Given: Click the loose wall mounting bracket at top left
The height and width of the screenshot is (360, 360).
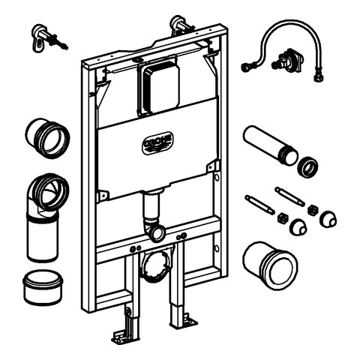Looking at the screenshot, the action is [x=49, y=38].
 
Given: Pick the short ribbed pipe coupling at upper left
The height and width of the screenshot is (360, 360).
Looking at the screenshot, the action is [x=47, y=138].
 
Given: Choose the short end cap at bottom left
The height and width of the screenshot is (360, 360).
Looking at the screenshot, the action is [x=43, y=286].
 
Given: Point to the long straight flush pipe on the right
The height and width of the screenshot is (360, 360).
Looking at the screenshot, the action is [x=271, y=145].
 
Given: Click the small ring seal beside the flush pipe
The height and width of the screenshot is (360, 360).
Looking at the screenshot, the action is [x=307, y=166].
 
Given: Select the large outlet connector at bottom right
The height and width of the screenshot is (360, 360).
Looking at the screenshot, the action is [x=270, y=265].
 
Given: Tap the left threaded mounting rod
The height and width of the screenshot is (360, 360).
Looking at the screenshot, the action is [x=260, y=204].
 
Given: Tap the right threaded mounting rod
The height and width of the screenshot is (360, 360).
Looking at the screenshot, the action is [x=289, y=196].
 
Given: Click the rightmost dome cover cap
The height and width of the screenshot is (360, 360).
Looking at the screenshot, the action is [x=328, y=219].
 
